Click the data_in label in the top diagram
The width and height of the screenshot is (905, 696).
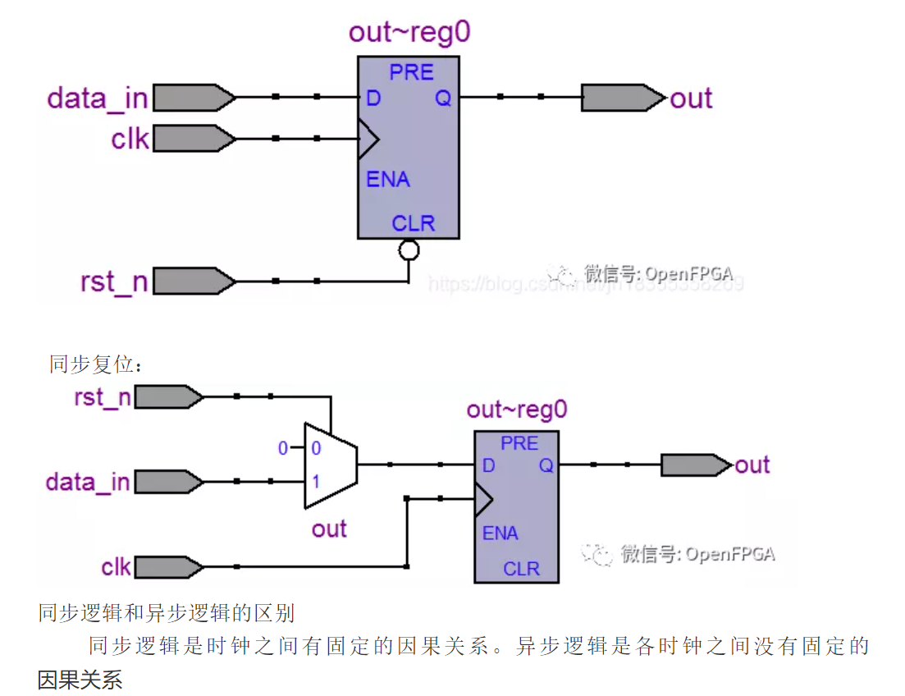[97, 98]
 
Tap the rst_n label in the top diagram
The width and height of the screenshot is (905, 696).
[113, 282]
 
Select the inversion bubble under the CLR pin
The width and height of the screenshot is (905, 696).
[408, 249]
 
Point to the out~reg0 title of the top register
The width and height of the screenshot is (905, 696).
[409, 33]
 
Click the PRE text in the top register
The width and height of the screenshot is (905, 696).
[411, 72]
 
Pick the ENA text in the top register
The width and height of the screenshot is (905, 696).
[387, 179]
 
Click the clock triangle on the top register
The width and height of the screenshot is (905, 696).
[368, 139]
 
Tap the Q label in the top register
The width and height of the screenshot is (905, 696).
[443, 98]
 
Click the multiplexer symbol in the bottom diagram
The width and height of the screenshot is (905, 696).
[330, 465]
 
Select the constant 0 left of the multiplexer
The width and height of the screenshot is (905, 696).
[283, 448]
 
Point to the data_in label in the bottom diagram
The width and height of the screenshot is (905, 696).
[88, 482]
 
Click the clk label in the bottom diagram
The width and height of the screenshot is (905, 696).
[116, 567]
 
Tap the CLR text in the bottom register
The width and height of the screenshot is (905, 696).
[521, 568]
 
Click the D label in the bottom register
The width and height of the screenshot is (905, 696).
[488, 465]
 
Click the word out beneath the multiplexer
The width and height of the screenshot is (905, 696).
[329, 529]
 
